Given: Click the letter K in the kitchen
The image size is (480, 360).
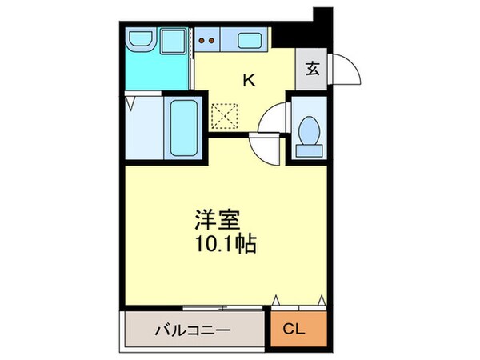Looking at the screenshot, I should click(249, 79).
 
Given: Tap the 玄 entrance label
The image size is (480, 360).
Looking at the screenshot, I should click(312, 69).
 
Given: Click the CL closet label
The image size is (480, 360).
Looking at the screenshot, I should click(298, 330).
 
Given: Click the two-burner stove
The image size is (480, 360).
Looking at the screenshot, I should click(206, 38).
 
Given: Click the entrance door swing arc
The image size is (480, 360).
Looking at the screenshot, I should click(346, 70).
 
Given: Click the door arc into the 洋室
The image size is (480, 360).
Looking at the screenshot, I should click(263, 146).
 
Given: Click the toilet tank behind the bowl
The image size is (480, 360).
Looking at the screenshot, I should click(307, 149).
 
